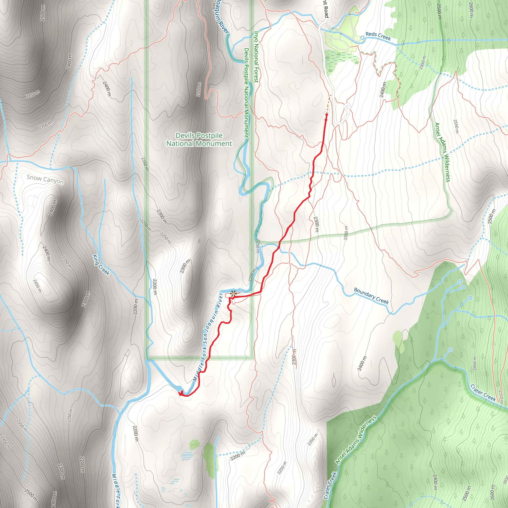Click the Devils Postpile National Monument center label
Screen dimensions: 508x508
(x=199, y=139)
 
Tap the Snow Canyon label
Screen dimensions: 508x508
(x=45, y=179)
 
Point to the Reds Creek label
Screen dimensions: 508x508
(x=378, y=36)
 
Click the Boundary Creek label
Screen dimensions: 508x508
(x=371, y=296)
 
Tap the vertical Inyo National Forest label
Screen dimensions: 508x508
(x=256, y=57)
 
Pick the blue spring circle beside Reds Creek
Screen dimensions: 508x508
(x=362, y=38)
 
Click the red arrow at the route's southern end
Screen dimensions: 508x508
(x=181, y=393)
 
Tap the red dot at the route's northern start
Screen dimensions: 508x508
(x=327, y=115)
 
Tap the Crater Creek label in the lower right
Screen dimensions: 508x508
(x=483, y=393)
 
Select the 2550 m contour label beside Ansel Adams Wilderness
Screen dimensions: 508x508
(x=456, y=126)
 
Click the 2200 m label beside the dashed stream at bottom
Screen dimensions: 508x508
(x=238, y=456)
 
